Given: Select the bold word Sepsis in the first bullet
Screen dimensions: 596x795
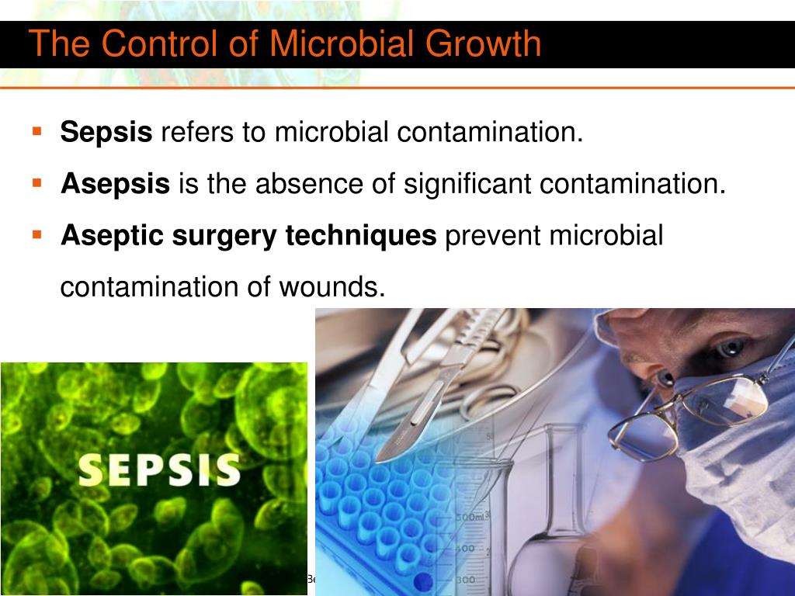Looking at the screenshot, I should [106, 133].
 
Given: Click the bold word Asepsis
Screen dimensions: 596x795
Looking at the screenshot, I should [115, 184].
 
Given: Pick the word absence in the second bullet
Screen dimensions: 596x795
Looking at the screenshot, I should [304, 184].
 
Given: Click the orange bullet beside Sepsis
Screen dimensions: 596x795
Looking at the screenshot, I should [36, 130].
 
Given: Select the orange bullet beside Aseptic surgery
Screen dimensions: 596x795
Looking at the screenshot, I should [36, 233].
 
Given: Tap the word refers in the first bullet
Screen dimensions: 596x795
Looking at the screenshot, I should [197, 133].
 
